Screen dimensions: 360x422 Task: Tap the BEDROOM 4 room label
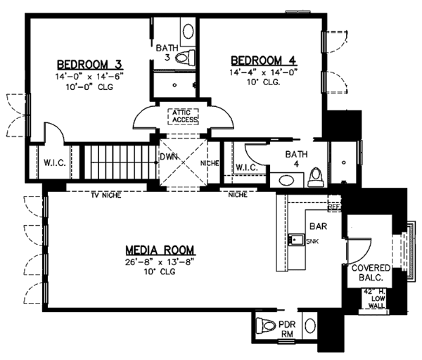(x=258, y=60)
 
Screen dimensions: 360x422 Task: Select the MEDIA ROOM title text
(x=160, y=250)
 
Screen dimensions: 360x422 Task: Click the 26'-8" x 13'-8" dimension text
(x=160, y=262)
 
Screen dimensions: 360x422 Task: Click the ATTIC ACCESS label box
(x=183, y=115)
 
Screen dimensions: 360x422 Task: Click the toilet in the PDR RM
(x=269, y=326)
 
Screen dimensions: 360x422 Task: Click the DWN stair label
(x=167, y=157)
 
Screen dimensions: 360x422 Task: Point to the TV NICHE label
(x=105, y=195)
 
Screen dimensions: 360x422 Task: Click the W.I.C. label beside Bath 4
(x=245, y=167)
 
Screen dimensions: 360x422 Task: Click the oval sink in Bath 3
(x=188, y=31)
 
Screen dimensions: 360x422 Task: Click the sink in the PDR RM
(x=310, y=326)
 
